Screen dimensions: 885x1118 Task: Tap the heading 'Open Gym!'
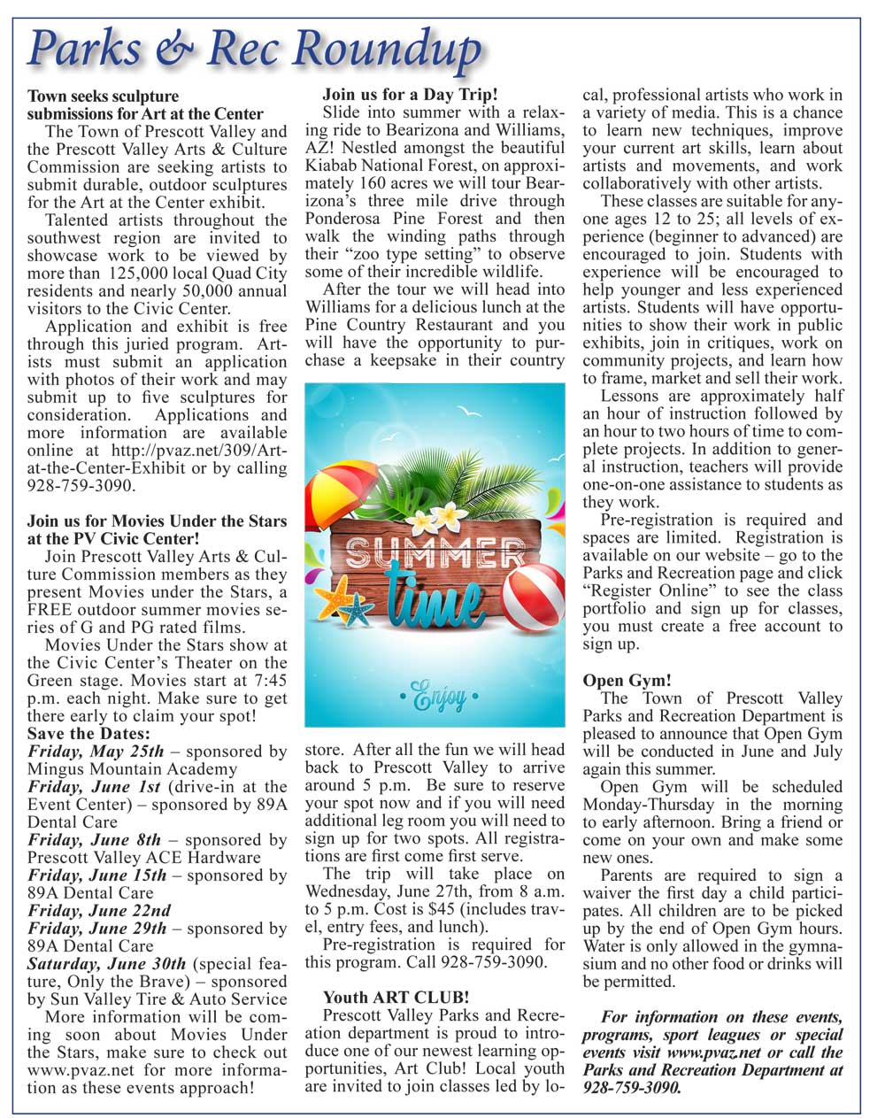pos(627,681)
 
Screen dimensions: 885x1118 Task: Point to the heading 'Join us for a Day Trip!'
pos(410,94)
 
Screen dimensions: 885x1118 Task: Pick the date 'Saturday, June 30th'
pos(107,964)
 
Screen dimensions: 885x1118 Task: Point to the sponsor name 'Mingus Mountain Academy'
pos(132,769)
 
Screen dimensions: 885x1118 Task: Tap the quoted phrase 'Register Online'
pos(653,590)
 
